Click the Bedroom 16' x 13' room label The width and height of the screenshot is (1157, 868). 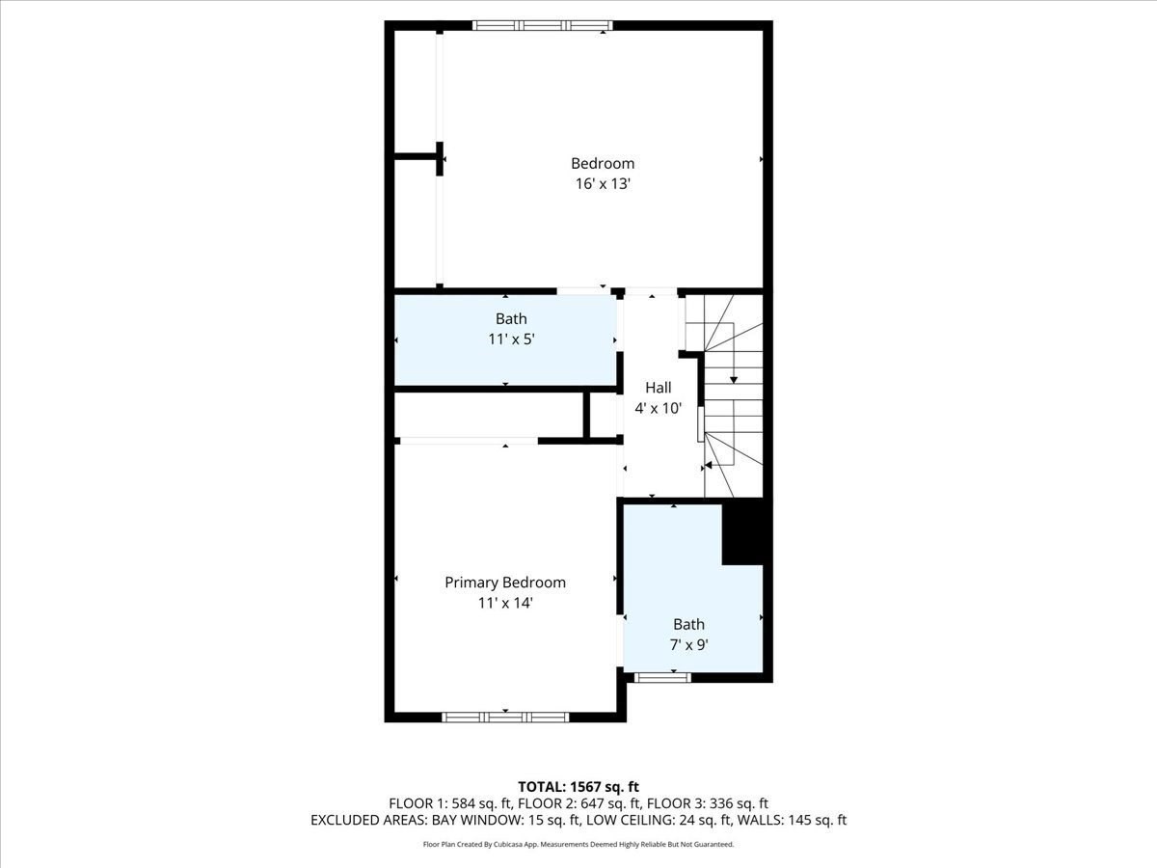pos(603,174)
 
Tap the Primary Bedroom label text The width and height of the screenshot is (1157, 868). pos(504,583)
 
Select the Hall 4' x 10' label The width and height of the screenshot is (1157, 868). pos(659,397)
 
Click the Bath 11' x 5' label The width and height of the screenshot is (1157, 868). pos(511,329)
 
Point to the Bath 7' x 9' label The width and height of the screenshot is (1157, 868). pos(688,635)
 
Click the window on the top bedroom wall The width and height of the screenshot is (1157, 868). pos(542,25)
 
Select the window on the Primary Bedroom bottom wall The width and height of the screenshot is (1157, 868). pos(505,717)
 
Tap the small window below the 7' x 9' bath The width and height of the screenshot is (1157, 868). pos(663,678)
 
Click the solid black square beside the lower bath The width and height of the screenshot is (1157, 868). pos(742,532)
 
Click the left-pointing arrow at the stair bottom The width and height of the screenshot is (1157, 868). pos(709,465)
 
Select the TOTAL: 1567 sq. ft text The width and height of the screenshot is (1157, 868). pos(578,787)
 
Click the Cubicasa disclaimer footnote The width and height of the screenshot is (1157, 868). pos(578,844)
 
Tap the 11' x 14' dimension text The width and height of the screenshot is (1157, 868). pos(505,603)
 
